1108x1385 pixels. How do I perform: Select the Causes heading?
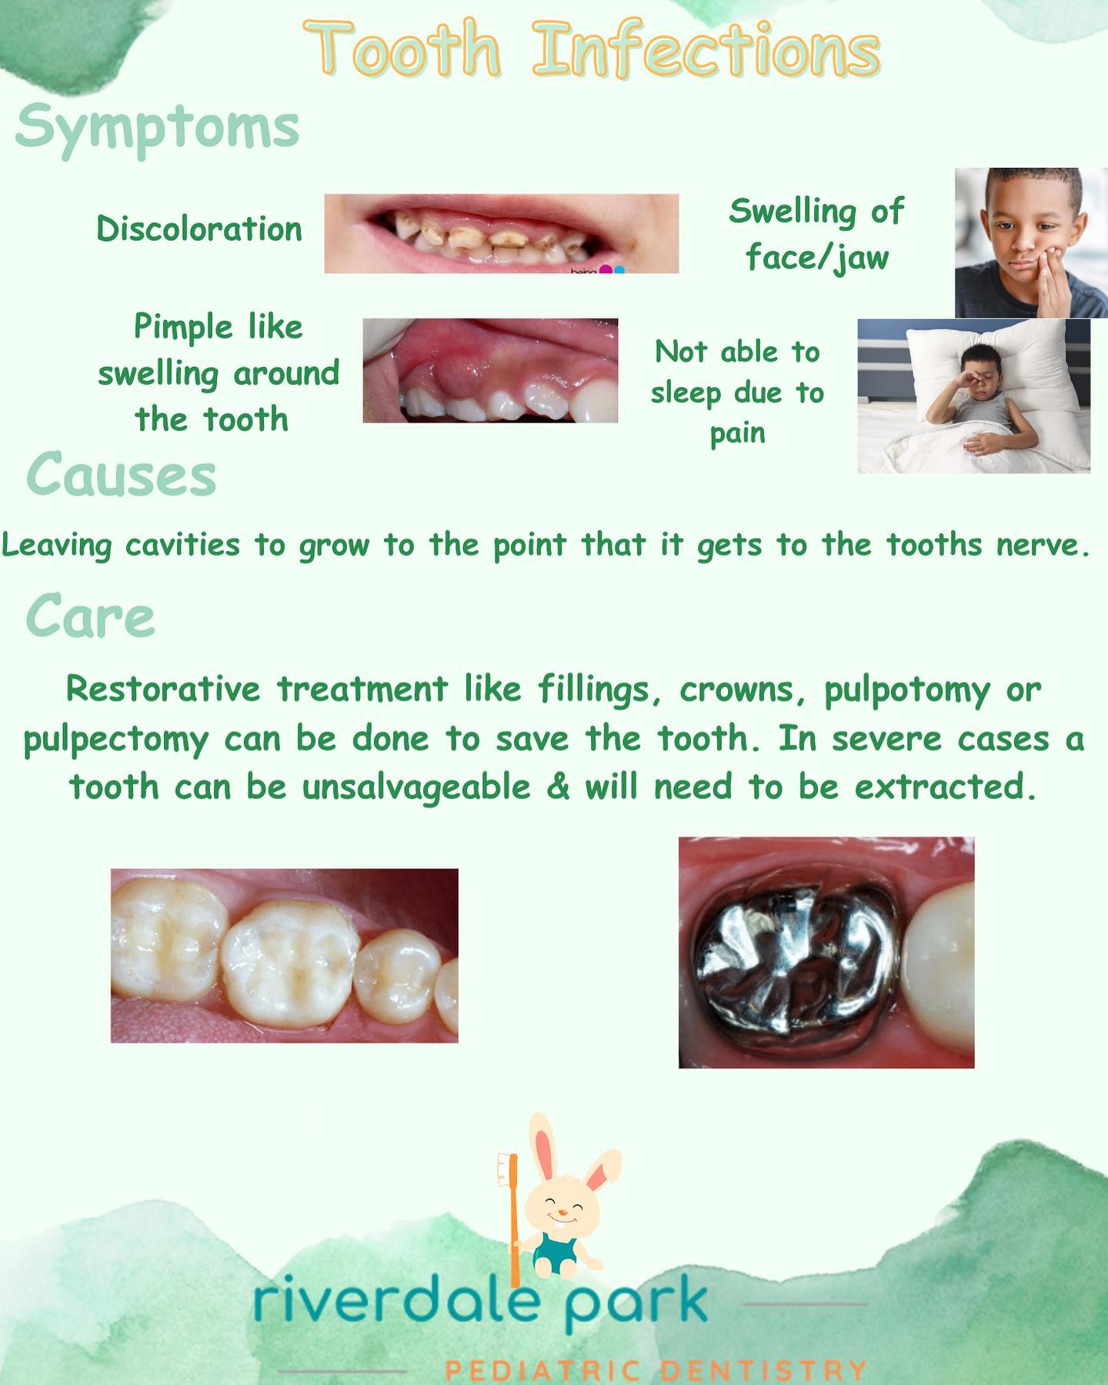122,475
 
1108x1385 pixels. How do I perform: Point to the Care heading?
90,616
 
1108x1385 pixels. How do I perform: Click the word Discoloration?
199,229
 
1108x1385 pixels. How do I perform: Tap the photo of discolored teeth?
501,233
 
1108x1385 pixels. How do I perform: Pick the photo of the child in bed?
973,395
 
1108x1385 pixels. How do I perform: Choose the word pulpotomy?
906,689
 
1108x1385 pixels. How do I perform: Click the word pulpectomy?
116,739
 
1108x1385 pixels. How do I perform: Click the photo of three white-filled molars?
284,956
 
